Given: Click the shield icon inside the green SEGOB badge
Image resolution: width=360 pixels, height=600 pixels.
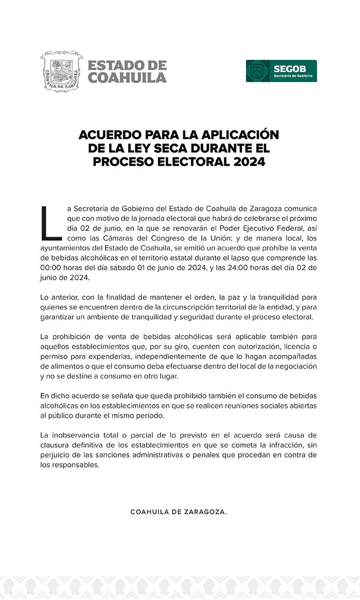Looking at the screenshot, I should point(258,71).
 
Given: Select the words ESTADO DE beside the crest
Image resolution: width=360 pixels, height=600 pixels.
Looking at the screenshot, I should point(127,65).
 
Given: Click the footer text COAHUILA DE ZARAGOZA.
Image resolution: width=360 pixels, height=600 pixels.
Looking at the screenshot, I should point(178,512).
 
